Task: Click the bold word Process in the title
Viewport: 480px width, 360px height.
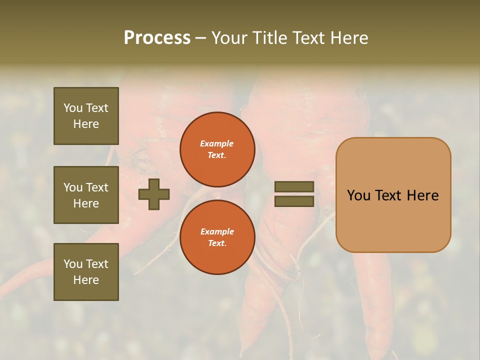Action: point(157,38)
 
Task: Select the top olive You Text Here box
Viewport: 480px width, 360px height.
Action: point(86,116)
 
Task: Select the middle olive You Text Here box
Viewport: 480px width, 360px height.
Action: point(86,195)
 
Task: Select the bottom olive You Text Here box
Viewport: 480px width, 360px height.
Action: point(86,271)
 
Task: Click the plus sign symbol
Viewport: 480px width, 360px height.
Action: point(154,194)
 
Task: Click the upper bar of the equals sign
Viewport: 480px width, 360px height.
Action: point(294,187)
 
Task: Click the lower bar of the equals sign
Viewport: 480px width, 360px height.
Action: point(294,201)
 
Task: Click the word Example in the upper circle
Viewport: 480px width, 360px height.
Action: point(217,143)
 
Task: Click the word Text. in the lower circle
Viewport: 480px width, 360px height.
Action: point(217,243)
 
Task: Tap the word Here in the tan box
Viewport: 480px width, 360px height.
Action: point(422,195)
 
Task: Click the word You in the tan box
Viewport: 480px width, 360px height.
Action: point(358,195)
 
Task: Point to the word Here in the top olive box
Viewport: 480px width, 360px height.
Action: point(86,124)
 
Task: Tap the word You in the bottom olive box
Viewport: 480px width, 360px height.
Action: point(73,264)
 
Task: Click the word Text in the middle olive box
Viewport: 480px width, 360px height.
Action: point(96,187)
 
